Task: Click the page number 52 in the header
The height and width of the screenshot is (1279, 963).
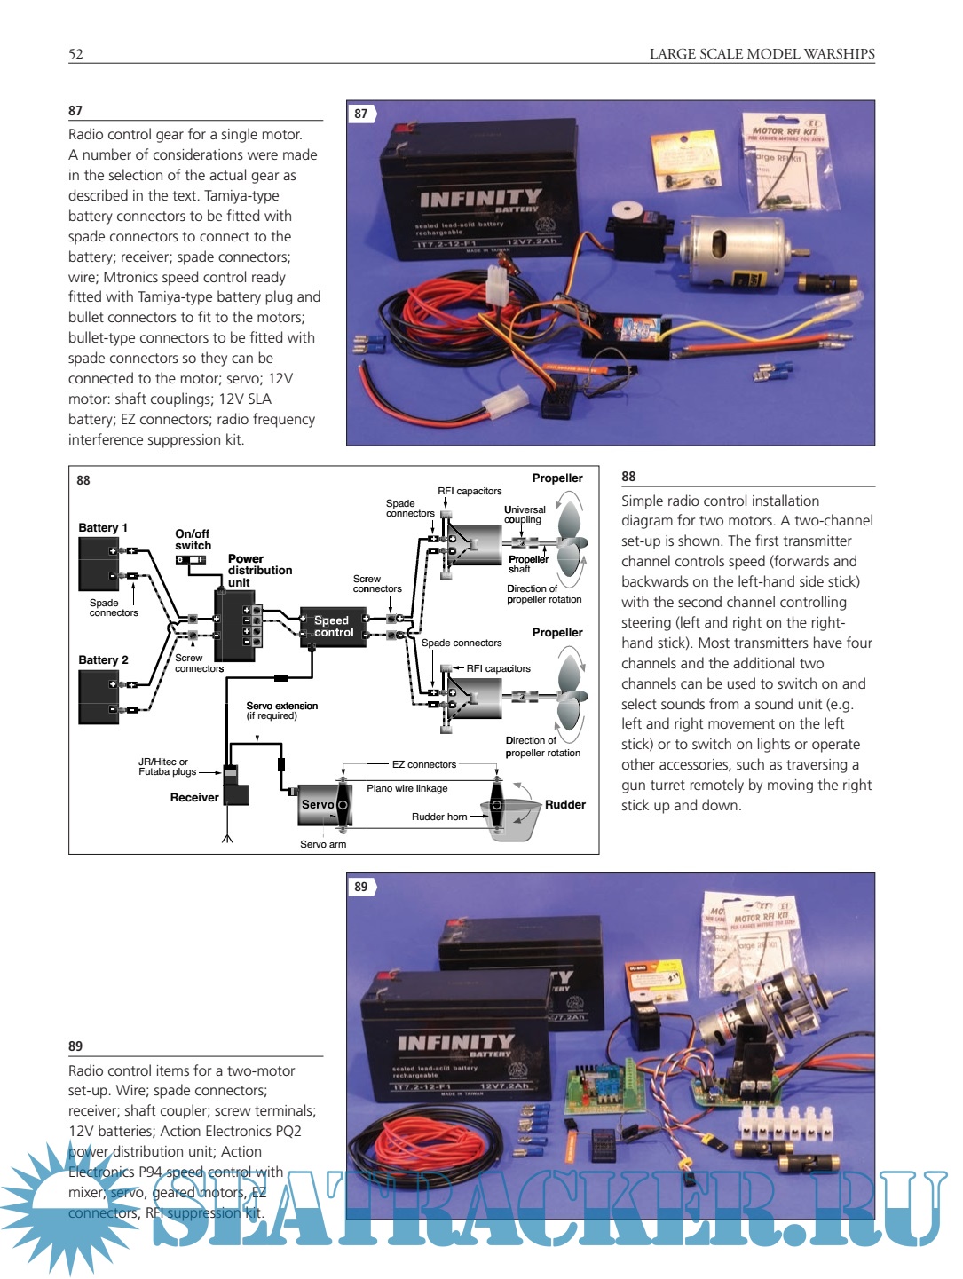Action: [x=75, y=54]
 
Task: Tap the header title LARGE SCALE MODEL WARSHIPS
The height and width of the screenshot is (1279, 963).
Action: [x=762, y=54]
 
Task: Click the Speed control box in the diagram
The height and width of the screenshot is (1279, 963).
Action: [x=333, y=627]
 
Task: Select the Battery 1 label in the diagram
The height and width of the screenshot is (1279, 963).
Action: [x=103, y=527]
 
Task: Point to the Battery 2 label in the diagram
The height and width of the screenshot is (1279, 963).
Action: [x=103, y=659]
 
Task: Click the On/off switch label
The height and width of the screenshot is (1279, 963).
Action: [x=193, y=540]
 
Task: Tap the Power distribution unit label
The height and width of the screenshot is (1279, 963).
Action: [x=259, y=571]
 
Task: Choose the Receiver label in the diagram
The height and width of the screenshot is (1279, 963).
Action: [x=194, y=797]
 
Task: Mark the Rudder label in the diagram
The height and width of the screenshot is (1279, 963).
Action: [x=565, y=804]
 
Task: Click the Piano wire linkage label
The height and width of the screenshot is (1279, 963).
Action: [x=407, y=788]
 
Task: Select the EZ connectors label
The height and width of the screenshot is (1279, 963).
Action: [x=424, y=764]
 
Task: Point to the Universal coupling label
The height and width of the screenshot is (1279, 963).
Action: [x=525, y=515]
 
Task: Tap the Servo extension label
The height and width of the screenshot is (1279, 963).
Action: [x=281, y=710]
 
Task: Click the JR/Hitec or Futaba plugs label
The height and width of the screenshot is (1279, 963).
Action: [x=163, y=767]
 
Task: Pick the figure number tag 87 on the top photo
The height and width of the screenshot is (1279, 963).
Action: [x=361, y=114]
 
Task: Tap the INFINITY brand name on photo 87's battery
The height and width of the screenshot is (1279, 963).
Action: [x=480, y=198]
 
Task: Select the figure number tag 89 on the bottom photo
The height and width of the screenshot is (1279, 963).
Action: [x=361, y=887]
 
